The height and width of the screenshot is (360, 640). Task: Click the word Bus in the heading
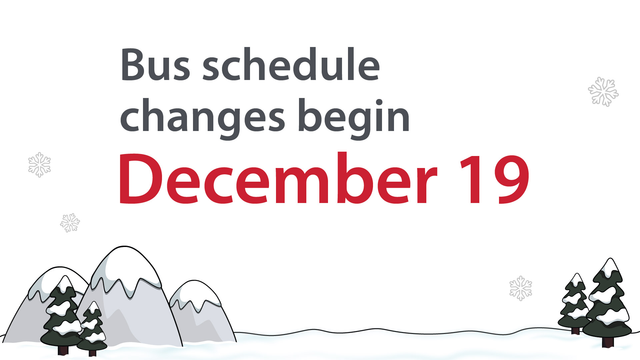coord(155,65)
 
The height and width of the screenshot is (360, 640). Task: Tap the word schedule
coord(291,65)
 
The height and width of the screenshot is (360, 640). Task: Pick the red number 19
coord(494,179)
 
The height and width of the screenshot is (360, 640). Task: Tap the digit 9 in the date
coord(512,179)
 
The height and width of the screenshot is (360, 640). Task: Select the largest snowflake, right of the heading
coord(603,92)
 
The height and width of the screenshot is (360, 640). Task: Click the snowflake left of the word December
coord(39,165)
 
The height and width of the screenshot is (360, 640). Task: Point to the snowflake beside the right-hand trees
coord(521,288)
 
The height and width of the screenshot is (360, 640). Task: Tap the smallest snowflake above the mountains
coord(70,223)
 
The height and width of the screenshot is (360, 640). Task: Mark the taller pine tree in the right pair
coord(608,300)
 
